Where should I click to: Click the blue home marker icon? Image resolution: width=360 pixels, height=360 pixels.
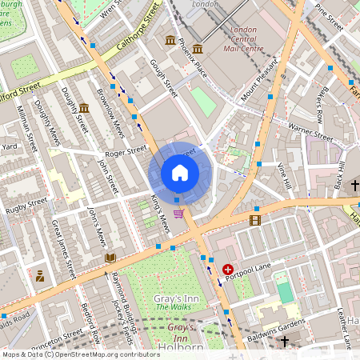[x=180, y=173]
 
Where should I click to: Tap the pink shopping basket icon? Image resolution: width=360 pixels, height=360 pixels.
[x=178, y=213]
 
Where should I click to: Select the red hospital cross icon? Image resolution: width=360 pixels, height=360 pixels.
[x=229, y=270]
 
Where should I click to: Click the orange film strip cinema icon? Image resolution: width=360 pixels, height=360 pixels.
[x=255, y=220]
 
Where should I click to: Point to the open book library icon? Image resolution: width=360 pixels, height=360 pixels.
[x=110, y=258]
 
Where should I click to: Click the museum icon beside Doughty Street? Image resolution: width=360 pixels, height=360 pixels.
[x=84, y=108]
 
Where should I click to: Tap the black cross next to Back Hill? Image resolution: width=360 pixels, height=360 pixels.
[x=354, y=186]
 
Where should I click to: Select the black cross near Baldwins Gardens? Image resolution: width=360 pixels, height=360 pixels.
[x=284, y=341]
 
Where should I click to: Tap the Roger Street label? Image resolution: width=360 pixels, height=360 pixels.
[x=126, y=150]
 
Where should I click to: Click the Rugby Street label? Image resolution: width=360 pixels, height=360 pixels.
[x=23, y=210]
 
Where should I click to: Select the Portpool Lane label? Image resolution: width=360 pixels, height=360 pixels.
[x=254, y=268]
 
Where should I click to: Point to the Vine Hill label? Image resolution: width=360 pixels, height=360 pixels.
[x=282, y=175]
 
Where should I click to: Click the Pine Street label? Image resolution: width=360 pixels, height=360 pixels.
[x=328, y=18]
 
